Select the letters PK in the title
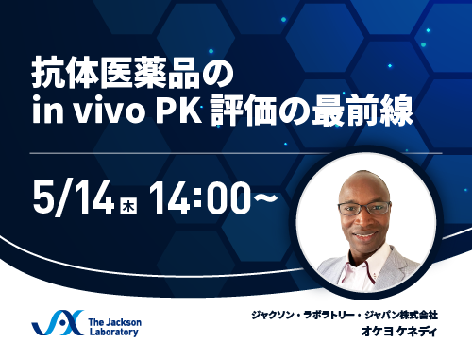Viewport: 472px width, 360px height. (x=178, y=114)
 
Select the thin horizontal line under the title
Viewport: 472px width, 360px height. (x=236, y=152)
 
